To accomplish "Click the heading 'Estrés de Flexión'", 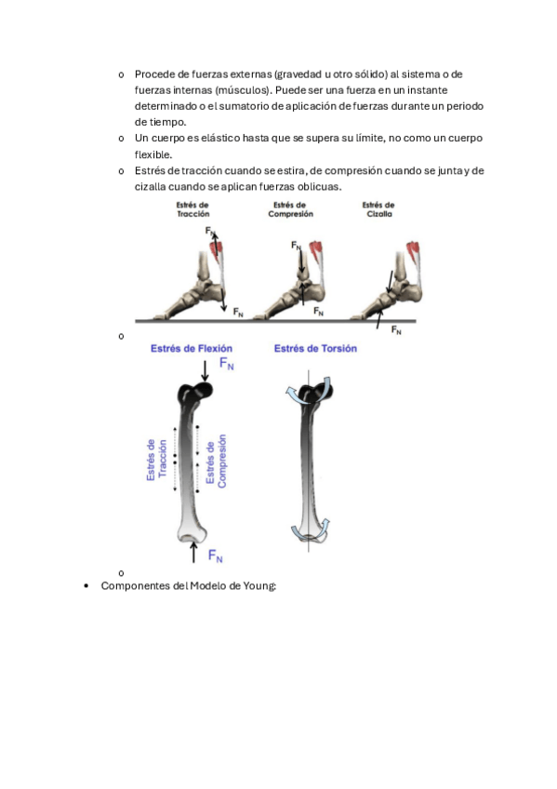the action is pyautogui.click(x=192, y=348).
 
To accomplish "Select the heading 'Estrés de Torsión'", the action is pyautogui.click(x=315, y=348).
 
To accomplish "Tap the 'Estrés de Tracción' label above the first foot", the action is pyautogui.click(x=192, y=209).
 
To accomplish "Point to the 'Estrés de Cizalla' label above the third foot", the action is pyautogui.click(x=378, y=209).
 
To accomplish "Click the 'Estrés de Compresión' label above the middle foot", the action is pyautogui.click(x=290, y=209).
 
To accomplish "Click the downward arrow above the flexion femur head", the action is pyautogui.click(x=205, y=371).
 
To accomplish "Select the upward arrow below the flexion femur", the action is pyautogui.click(x=193, y=552).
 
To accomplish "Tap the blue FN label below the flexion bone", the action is pyautogui.click(x=215, y=555).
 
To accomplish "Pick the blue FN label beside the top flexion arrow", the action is pyautogui.click(x=227, y=363).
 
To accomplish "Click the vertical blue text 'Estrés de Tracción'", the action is pyautogui.click(x=156, y=460).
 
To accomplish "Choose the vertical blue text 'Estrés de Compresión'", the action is pyautogui.click(x=216, y=461).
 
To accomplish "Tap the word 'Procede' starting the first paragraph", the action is pyautogui.click(x=155, y=74).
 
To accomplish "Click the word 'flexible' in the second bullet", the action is pyautogui.click(x=153, y=154).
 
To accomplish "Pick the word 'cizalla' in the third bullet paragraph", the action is pyautogui.click(x=150, y=187).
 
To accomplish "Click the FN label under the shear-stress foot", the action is pyautogui.click(x=396, y=330).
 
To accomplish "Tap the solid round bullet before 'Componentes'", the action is pyautogui.click(x=86, y=586).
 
